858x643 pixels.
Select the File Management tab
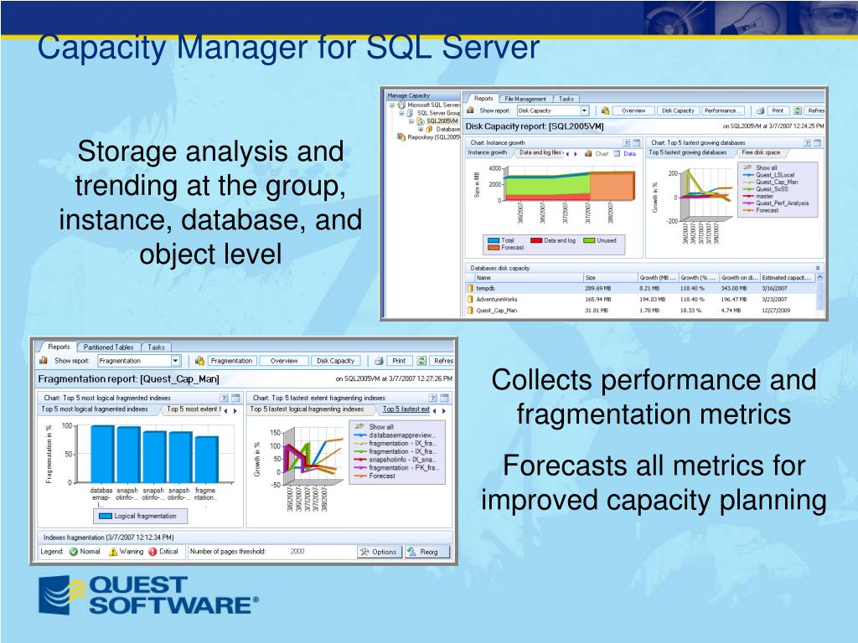(x=525, y=98)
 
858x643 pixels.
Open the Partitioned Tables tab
(x=108, y=347)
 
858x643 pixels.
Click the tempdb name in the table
(x=486, y=288)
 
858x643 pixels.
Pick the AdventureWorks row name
(x=497, y=299)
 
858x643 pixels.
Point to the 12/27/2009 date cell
(x=777, y=311)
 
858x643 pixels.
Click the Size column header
(x=591, y=277)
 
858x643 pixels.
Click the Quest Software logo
(x=147, y=595)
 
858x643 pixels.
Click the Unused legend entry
(x=604, y=240)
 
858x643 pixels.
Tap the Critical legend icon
(x=152, y=552)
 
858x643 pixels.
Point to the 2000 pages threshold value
(x=297, y=552)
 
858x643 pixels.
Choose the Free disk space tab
(x=760, y=153)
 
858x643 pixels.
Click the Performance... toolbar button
(x=722, y=111)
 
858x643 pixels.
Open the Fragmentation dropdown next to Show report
(x=175, y=361)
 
